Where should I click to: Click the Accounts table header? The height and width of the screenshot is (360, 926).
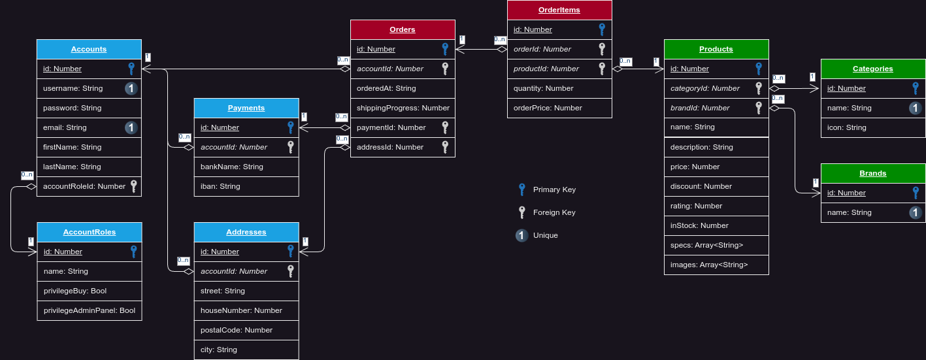89,49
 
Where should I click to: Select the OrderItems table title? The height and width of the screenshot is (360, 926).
559,10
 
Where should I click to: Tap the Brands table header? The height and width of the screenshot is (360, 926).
873,173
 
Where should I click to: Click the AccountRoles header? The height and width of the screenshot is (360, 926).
90,232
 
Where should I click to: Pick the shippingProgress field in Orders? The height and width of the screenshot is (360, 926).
403,108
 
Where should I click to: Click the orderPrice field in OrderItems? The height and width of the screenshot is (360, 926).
548,108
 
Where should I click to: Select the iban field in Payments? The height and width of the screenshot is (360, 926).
220,186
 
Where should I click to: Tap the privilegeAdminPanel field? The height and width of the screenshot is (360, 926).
90,310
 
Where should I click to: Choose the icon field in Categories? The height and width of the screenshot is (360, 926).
847,127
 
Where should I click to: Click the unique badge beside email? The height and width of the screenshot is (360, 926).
131,127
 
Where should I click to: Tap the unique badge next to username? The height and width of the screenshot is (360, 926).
131,88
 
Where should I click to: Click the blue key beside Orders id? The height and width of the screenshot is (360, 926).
445,49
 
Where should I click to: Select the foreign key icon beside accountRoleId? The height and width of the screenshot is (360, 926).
133,186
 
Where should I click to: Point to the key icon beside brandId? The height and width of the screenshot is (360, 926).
759,108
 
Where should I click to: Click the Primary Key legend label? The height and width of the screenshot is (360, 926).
554,189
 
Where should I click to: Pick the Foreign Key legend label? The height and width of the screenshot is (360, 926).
554,212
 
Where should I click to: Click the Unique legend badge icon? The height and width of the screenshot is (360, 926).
521,235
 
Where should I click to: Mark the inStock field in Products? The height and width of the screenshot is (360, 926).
699,225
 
